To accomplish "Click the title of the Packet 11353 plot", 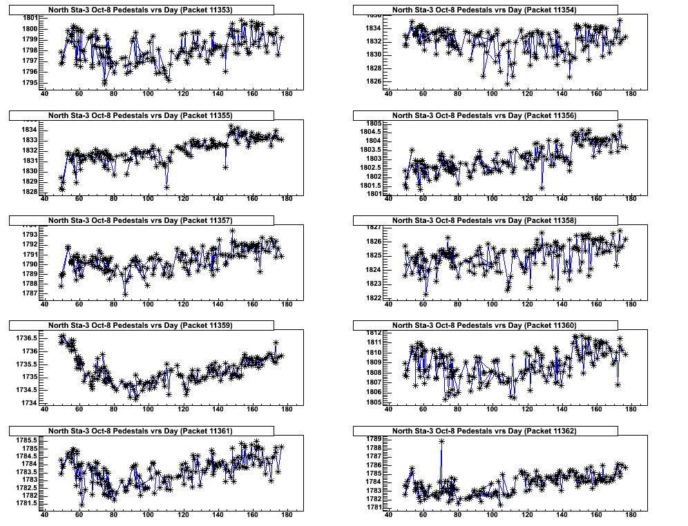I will [141, 10].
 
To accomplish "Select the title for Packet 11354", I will [484, 10].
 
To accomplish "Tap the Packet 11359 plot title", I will [141, 325].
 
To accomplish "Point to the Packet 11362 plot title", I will [484, 431].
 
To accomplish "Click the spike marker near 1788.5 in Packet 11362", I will [441, 441].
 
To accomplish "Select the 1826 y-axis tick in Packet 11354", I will [374, 81].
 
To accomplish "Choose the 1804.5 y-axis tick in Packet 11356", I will [370, 132].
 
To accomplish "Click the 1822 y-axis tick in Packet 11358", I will [374, 298].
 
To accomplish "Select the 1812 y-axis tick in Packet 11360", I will [374, 332].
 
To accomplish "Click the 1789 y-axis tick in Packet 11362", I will [374, 438].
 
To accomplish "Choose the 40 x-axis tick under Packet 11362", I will [388, 514].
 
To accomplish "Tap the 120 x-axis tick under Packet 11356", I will [527, 199].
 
